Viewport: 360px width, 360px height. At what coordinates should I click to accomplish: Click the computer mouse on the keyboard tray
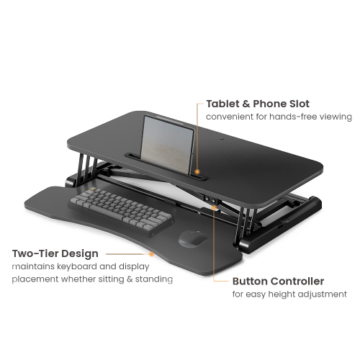pos(192,238)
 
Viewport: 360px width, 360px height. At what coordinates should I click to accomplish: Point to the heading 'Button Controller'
pos(278,282)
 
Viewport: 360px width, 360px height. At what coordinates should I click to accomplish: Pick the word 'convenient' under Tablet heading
pos(230,117)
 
